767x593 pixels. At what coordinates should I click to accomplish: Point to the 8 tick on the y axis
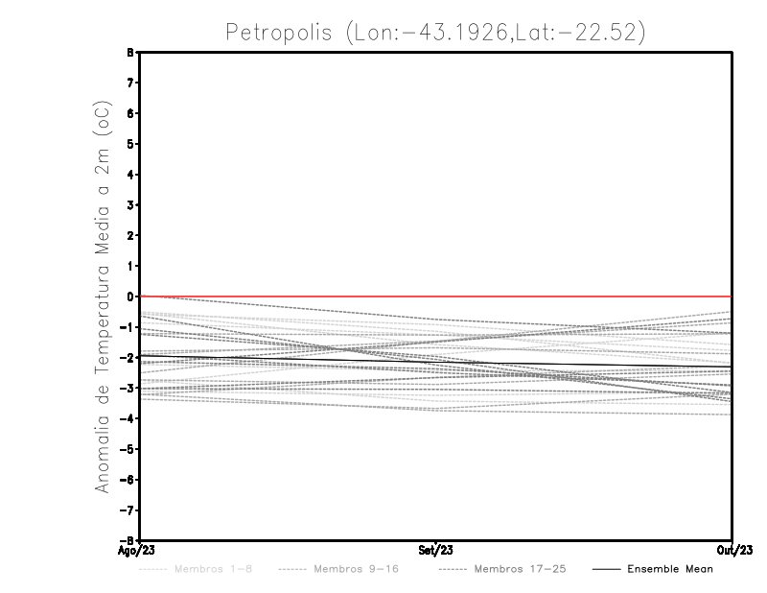(131, 53)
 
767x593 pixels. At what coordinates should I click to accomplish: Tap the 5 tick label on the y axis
(131, 144)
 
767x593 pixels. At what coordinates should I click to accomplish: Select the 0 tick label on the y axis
(131, 296)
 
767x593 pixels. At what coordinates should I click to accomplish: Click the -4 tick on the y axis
(129, 418)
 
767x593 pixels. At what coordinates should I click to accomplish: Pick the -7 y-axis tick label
(129, 510)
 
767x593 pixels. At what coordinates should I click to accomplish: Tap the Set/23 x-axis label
(436, 551)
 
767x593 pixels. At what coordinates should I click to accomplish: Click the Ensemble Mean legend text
(670, 569)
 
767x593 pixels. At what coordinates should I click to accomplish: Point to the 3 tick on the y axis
(131, 205)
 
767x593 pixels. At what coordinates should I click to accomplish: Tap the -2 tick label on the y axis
(129, 358)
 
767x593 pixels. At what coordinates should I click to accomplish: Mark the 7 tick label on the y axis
(131, 83)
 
